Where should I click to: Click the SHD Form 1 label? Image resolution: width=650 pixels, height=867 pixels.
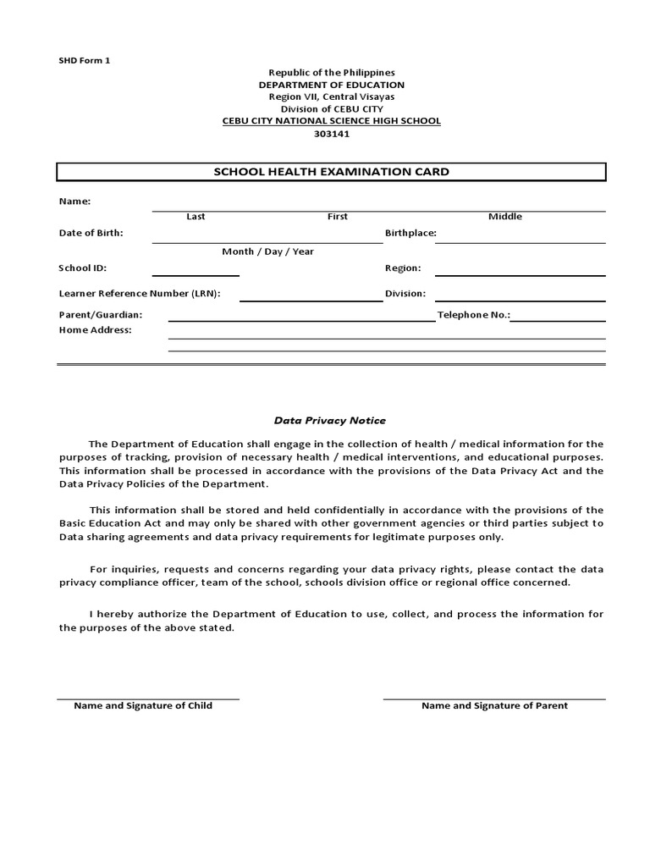click(x=84, y=60)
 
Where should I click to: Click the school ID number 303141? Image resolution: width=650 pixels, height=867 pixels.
click(x=331, y=133)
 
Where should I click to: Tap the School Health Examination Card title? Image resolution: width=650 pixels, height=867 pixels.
click(x=331, y=172)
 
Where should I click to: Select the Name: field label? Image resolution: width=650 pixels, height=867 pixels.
click(x=74, y=202)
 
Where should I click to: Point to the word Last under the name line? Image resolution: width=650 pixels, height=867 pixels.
click(x=196, y=217)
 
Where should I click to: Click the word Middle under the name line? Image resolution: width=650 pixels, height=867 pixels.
click(x=505, y=217)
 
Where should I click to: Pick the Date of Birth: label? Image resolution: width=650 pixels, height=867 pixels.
click(x=91, y=233)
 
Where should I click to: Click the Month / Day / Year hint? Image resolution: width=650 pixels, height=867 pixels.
click(x=267, y=251)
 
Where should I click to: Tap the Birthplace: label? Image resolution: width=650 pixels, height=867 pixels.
click(x=410, y=233)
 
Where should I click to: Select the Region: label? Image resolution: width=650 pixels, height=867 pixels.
click(x=403, y=268)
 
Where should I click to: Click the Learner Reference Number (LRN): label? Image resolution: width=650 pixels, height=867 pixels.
click(x=140, y=294)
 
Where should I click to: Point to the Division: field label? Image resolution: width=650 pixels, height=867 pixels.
click(x=405, y=294)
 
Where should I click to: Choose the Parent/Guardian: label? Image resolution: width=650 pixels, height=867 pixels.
click(x=100, y=314)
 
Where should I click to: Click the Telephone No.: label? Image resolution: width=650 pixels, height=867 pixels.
click(x=474, y=314)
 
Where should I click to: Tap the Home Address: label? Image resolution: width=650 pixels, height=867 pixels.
click(x=95, y=329)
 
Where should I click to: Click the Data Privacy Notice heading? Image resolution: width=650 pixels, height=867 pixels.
click(x=329, y=420)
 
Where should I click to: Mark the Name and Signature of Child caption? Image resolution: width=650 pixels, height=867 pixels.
click(x=143, y=705)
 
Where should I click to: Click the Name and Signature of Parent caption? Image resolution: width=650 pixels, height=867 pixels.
click(x=494, y=705)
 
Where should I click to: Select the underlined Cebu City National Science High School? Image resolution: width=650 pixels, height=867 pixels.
click(x=331, y=121)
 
